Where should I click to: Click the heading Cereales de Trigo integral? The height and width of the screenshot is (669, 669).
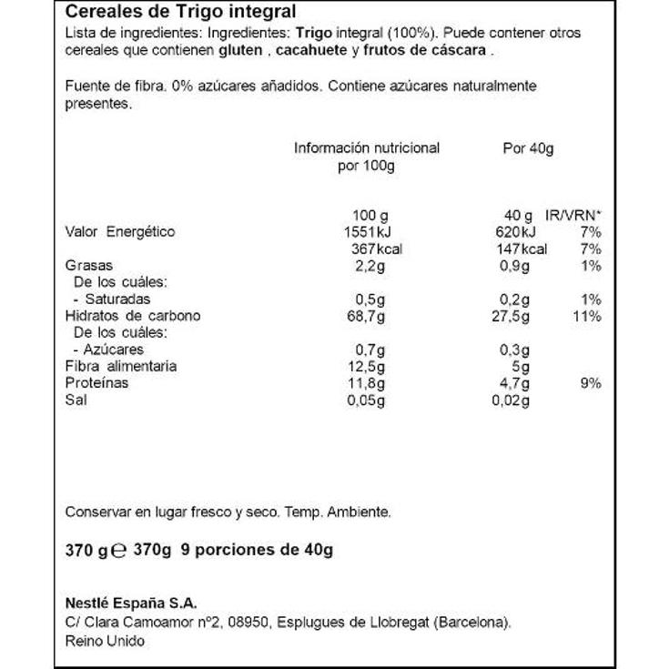(181, 12)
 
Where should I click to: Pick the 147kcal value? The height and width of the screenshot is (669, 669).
(522, 249)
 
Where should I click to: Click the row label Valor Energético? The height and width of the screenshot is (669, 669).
(120, 232)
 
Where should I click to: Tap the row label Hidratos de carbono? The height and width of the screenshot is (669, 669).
(133, 316)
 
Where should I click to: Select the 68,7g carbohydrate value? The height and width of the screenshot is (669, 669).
(369, 316)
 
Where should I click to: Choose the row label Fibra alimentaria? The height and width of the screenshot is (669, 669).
(121, 366)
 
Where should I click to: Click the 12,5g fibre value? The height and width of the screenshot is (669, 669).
(369, 366)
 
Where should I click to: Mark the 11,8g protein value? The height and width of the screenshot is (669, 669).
(369, 383)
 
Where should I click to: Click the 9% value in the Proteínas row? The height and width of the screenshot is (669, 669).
(591, 383)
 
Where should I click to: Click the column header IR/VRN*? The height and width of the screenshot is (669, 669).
(573, 215)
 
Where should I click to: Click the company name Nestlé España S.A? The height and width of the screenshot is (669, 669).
(131, 603)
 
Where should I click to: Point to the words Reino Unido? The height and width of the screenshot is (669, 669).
(105, 640)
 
